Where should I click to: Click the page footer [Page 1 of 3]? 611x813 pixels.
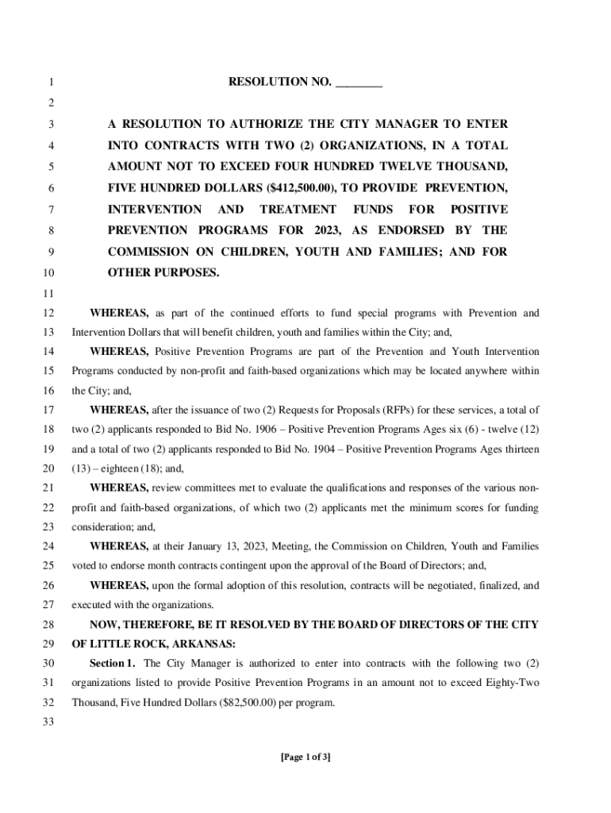(x=305, y=757)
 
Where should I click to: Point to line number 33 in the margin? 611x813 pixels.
(x=48, y=722)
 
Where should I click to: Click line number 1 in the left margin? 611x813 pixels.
(x=51, y=82)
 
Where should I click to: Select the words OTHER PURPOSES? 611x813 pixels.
(x=163, y=272)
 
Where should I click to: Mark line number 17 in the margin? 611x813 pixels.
(x=48, y=410)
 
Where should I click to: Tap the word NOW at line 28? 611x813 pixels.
(x=104, y=624)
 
